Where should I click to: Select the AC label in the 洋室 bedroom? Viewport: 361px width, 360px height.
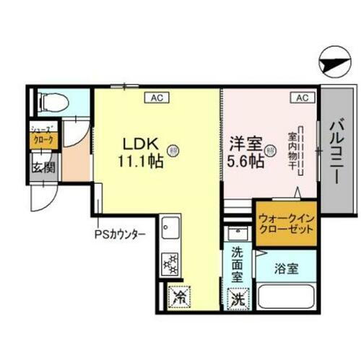click(x=302, y=97)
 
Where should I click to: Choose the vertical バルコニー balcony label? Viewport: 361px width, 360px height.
click(x=337, y=154)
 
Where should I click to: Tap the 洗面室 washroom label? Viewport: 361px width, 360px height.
click(x=236, y=263)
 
